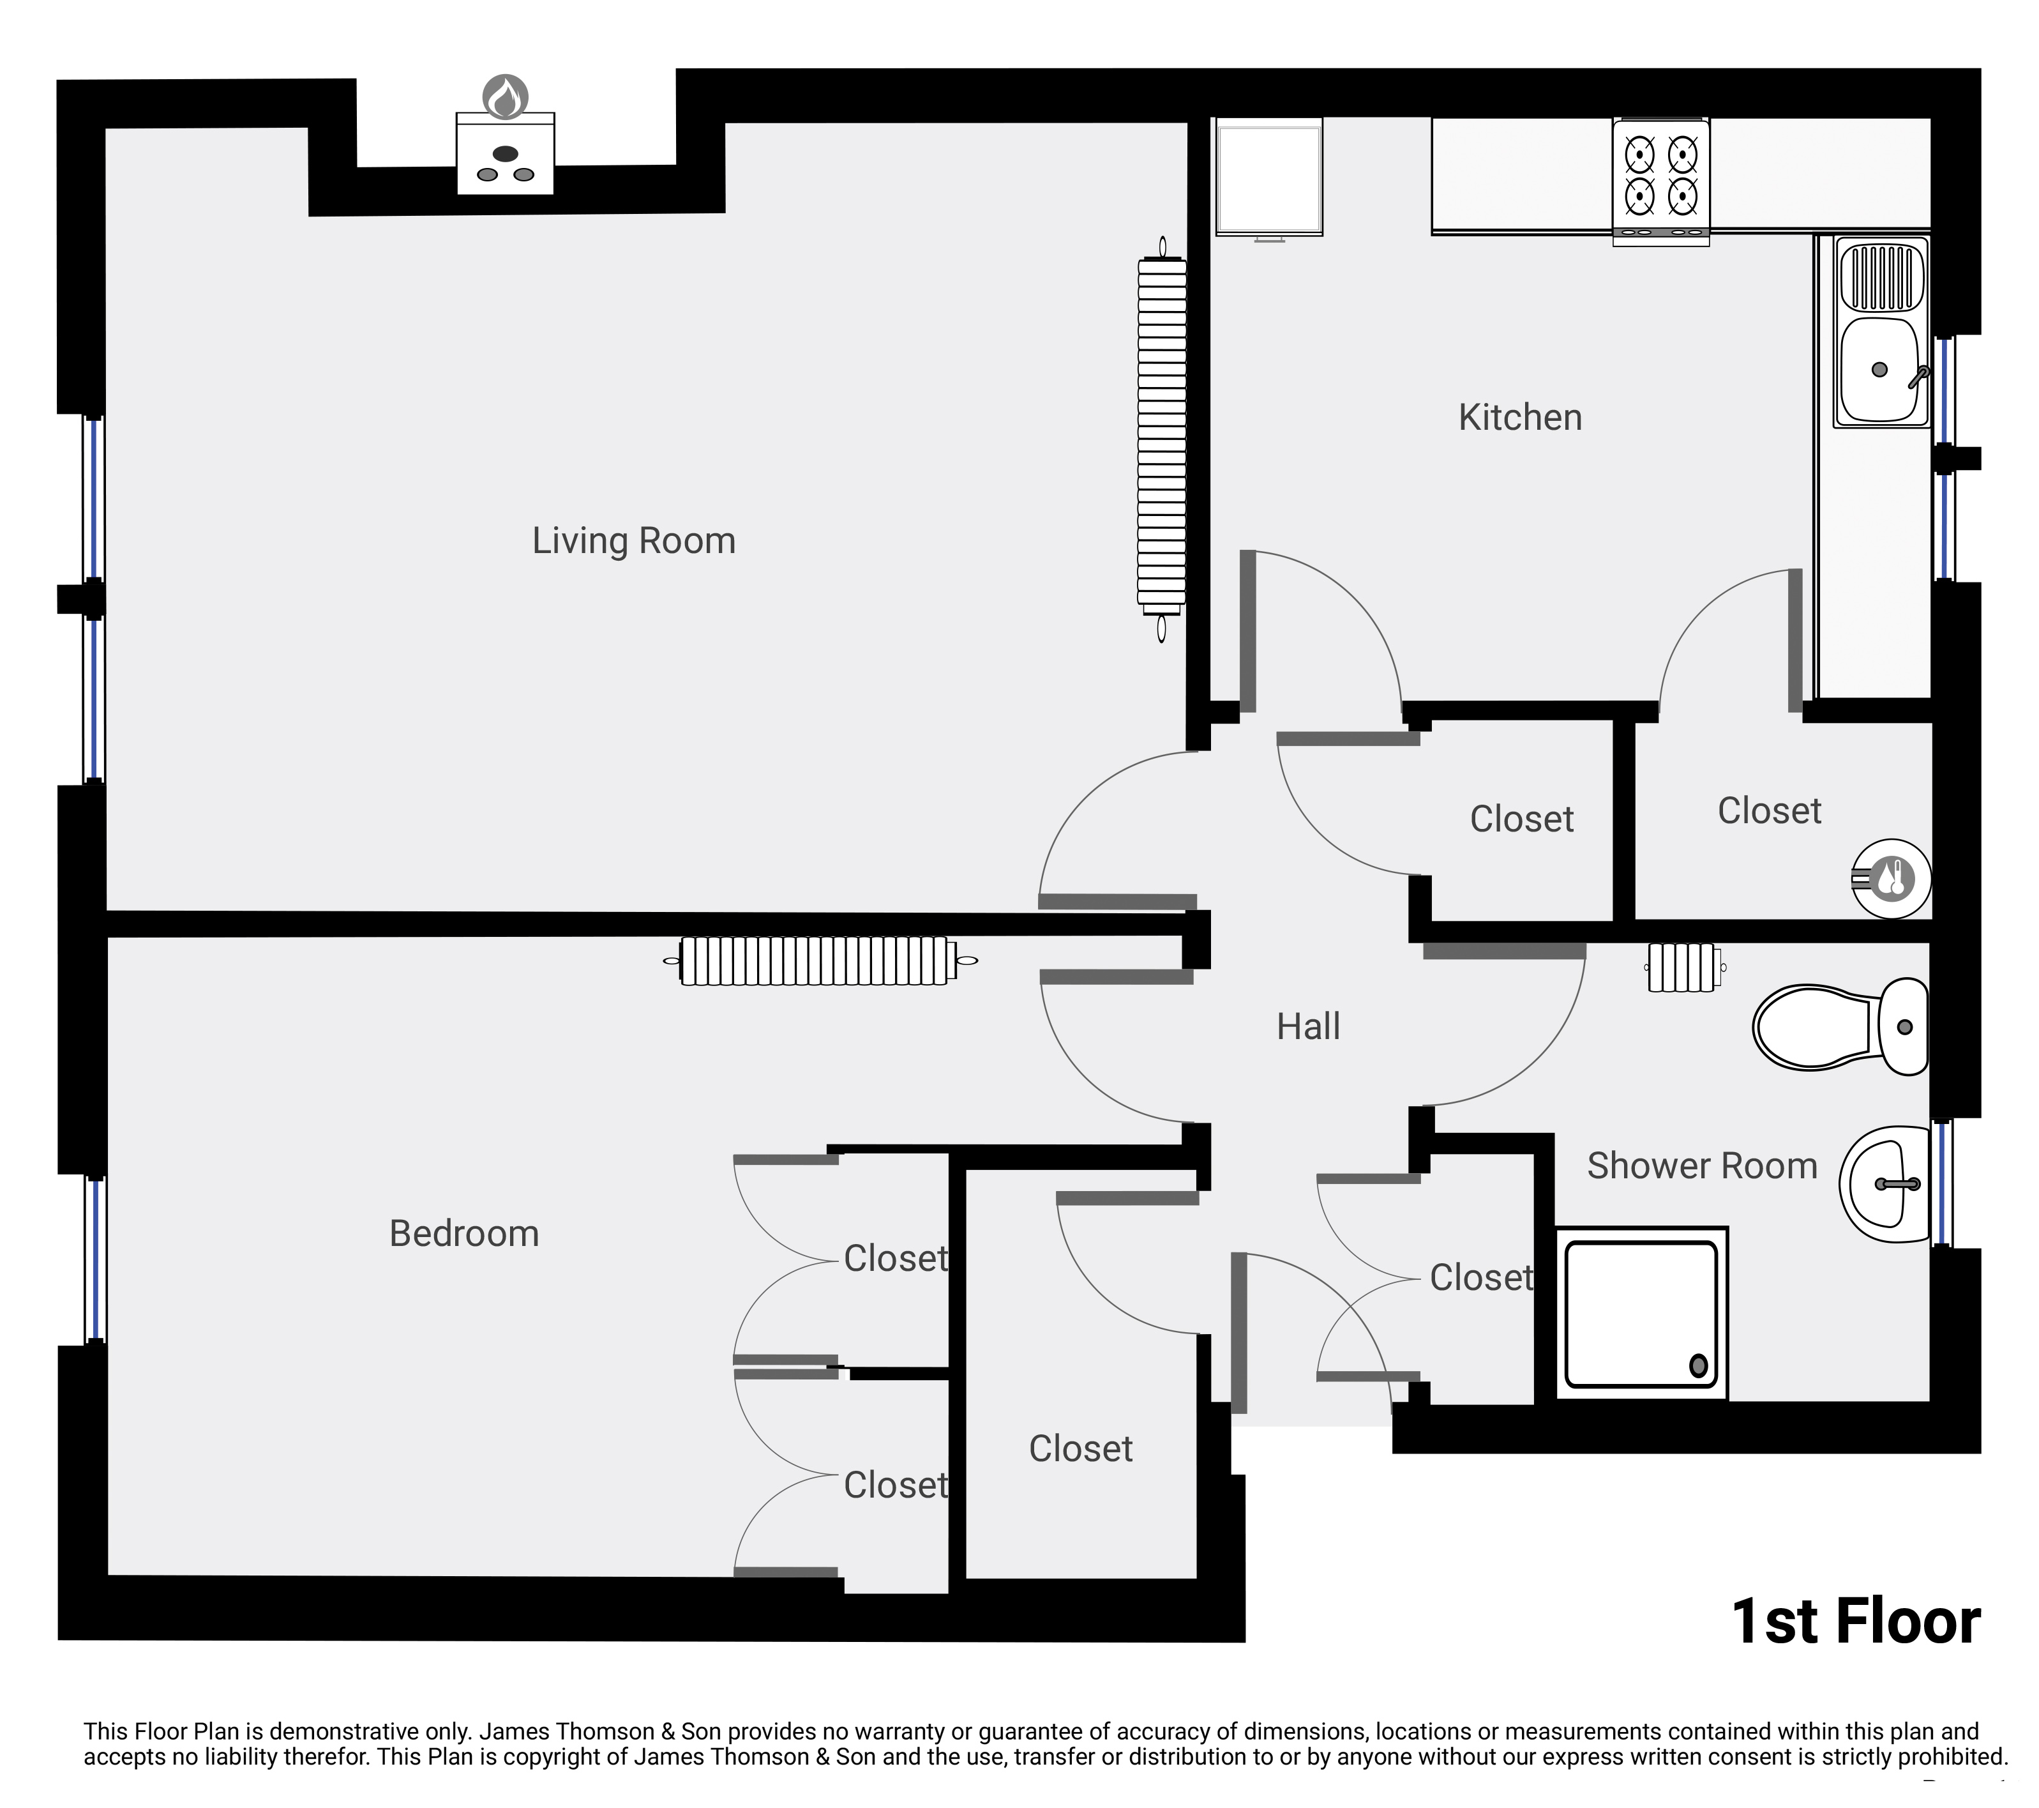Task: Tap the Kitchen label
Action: pos(1519,417)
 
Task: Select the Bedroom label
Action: pos(464,1233)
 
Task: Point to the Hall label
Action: pos(1308,1026)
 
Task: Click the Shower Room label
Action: pos(1702,1166)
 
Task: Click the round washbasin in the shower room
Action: pos(1885,1185)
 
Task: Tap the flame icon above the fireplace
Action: pos(506,97)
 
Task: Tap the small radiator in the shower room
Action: pos(1683,968)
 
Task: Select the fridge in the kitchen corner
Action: pos(1269,177)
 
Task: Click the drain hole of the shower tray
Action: pos(1698,1365)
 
